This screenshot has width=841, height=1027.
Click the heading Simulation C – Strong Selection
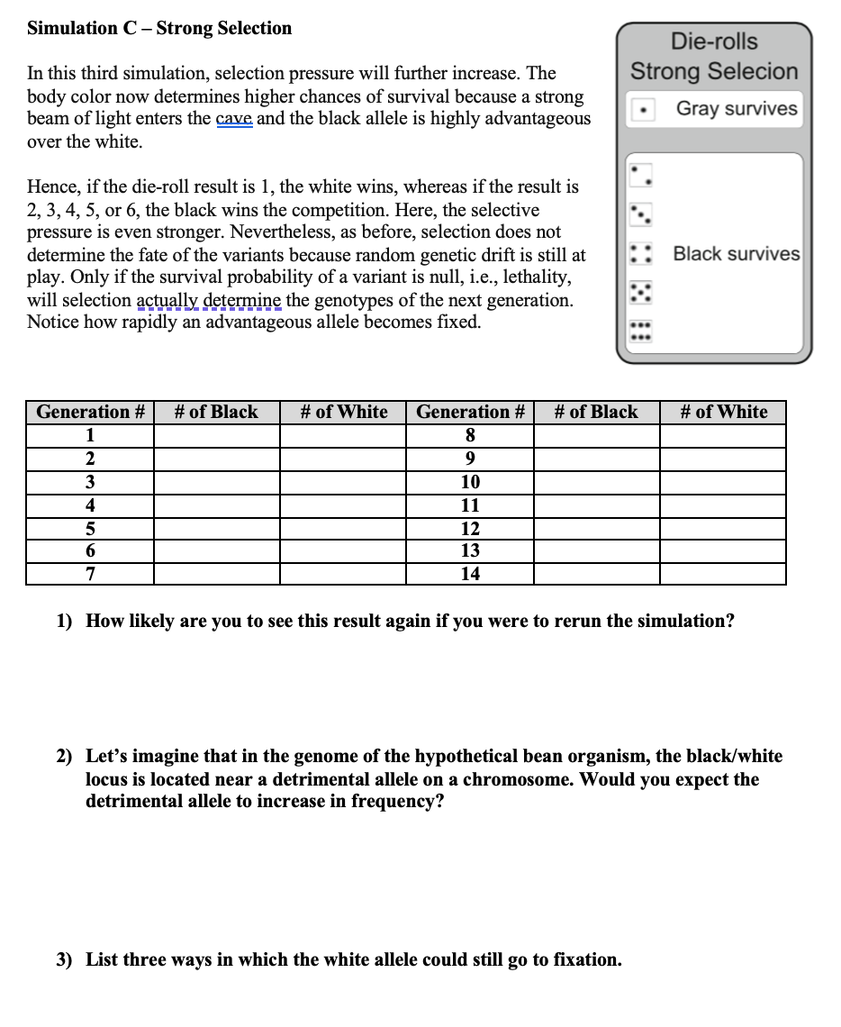click(x=159, y=28)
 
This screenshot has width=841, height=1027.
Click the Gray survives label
click(x=737, y=109)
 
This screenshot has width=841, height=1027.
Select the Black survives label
click(x=737, y=254)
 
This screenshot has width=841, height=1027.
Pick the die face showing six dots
click(x=640, y=332)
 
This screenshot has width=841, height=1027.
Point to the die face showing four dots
click(x=640, y=253)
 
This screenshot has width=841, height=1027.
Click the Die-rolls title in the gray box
click(x=714, y=41)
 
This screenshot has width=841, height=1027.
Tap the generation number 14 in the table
click(x=470, y=574)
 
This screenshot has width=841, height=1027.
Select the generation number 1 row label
click(x=90, y=435)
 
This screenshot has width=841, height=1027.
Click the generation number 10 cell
click(x=470, y=482)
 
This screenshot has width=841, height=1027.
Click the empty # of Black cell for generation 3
click(x=216, y=482)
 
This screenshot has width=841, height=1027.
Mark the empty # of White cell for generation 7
click(x=343, y=574)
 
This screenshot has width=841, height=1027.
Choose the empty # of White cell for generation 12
click(x=722, y=528)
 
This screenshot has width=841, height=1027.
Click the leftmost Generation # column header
click(x=90, y=413)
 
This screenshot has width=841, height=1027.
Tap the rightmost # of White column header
click(x=723, y=413)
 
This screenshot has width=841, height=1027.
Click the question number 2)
click(x=65, y=757)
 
